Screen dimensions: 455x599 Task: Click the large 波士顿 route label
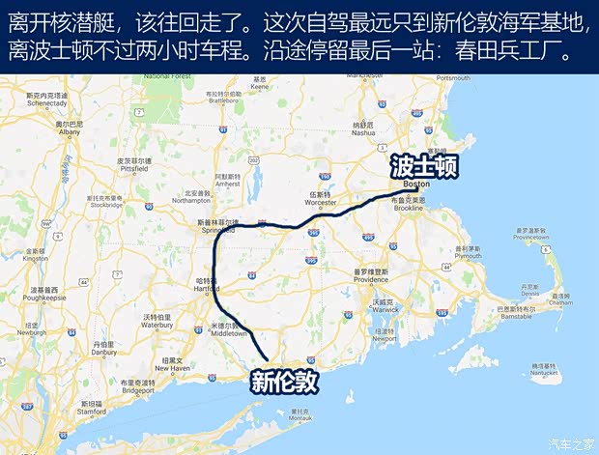point(423,166)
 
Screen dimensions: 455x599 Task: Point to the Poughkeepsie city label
point(46,294)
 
